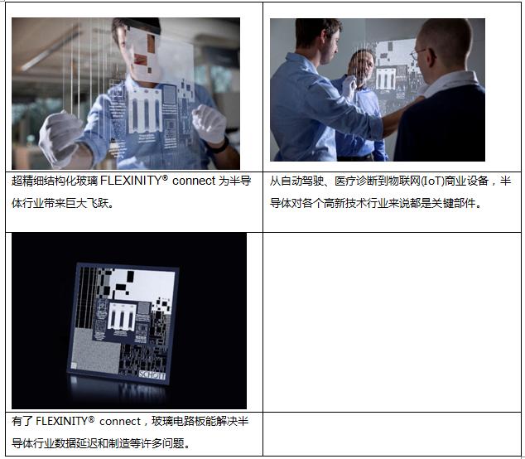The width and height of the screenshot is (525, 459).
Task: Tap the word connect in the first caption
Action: click(194, 181)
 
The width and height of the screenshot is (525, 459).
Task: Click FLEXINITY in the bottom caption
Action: click(61, 421)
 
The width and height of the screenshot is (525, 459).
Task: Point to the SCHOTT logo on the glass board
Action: click(152, 375)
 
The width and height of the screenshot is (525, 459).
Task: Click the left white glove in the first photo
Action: click(60, 137)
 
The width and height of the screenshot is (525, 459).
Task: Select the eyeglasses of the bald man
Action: click(419, 55)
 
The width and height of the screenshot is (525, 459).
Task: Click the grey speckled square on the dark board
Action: click(96, 350)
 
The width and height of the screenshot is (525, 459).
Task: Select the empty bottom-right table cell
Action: click(392, 434)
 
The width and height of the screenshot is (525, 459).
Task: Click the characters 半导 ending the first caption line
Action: click(240, 181)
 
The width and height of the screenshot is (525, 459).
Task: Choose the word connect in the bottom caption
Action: click(120, 422)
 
